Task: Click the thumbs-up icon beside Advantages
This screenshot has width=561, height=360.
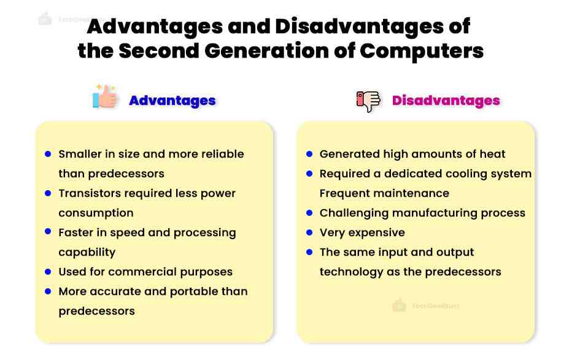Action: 104,97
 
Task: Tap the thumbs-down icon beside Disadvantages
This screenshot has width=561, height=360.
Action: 368,101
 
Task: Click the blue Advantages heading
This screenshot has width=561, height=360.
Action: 172,101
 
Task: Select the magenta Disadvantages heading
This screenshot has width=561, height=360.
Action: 446,101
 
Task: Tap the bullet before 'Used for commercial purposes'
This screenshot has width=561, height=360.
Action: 48,272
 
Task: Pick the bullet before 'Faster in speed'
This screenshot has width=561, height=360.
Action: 48,232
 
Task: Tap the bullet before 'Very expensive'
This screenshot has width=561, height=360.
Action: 309,232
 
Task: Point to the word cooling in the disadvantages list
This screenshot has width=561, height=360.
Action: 456,174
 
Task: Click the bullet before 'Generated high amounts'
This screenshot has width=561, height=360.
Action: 309,154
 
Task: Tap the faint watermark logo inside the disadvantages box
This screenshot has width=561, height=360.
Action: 400,305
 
